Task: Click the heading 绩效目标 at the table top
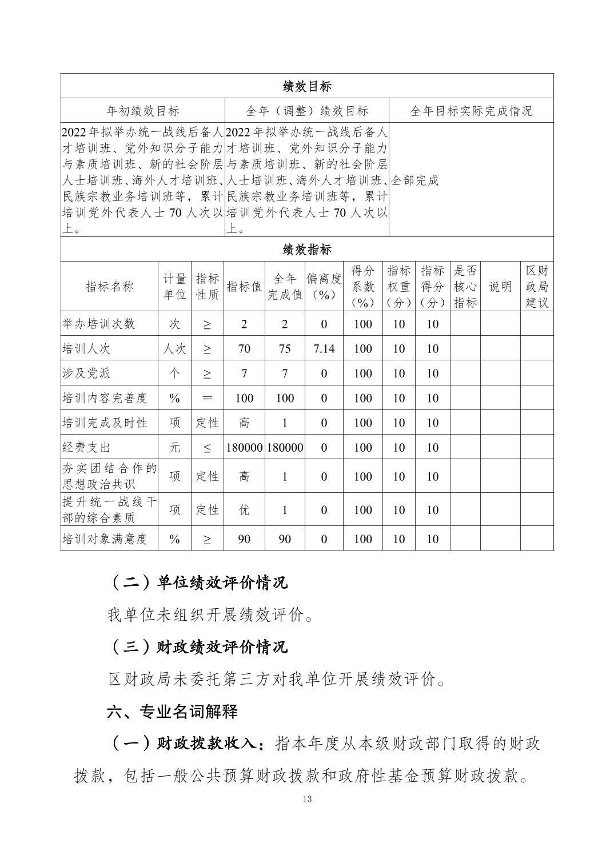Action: [x=307, y=86]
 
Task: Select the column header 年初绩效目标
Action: [x=143, y=111]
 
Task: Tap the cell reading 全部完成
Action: [x=415, y=180]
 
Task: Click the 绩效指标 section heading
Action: [x=307, y=250]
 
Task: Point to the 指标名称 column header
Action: [x=109, y=287]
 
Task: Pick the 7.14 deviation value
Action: [x=324, y=348]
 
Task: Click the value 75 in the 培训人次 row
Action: [x=285, y=348]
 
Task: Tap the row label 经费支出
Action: [x=86, y=447]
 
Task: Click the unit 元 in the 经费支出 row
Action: [x=174, y=447]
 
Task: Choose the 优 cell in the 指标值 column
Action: [x=244, y=509]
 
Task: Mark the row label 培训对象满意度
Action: [x=105, y=539]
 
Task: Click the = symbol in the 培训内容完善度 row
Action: [x=207, y=398]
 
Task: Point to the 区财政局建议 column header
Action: [x=537, y=287]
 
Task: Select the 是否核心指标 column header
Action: [x=465, y=287]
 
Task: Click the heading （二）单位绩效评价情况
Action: [x=197, y=582]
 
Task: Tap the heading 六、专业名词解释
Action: [x=172, y=712]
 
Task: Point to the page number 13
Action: [x=307, y=799]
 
